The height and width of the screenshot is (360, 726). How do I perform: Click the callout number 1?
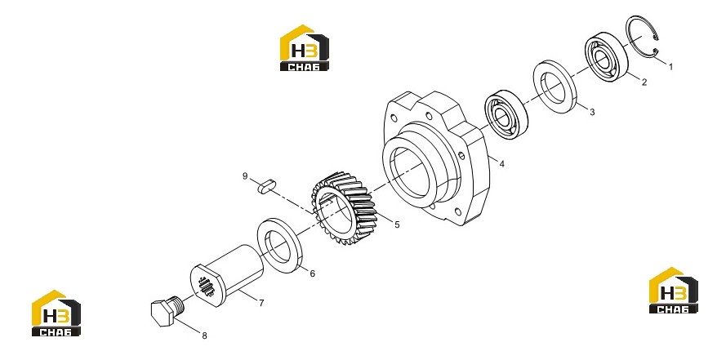[670, 67]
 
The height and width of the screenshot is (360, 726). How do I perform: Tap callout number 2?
[644, 82]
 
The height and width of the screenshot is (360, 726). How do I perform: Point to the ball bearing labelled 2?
[606, 57]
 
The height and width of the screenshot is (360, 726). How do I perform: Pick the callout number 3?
[592, 112]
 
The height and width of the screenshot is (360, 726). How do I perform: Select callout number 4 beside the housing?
[502, 164]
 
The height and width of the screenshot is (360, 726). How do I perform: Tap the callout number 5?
[397, 224]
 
